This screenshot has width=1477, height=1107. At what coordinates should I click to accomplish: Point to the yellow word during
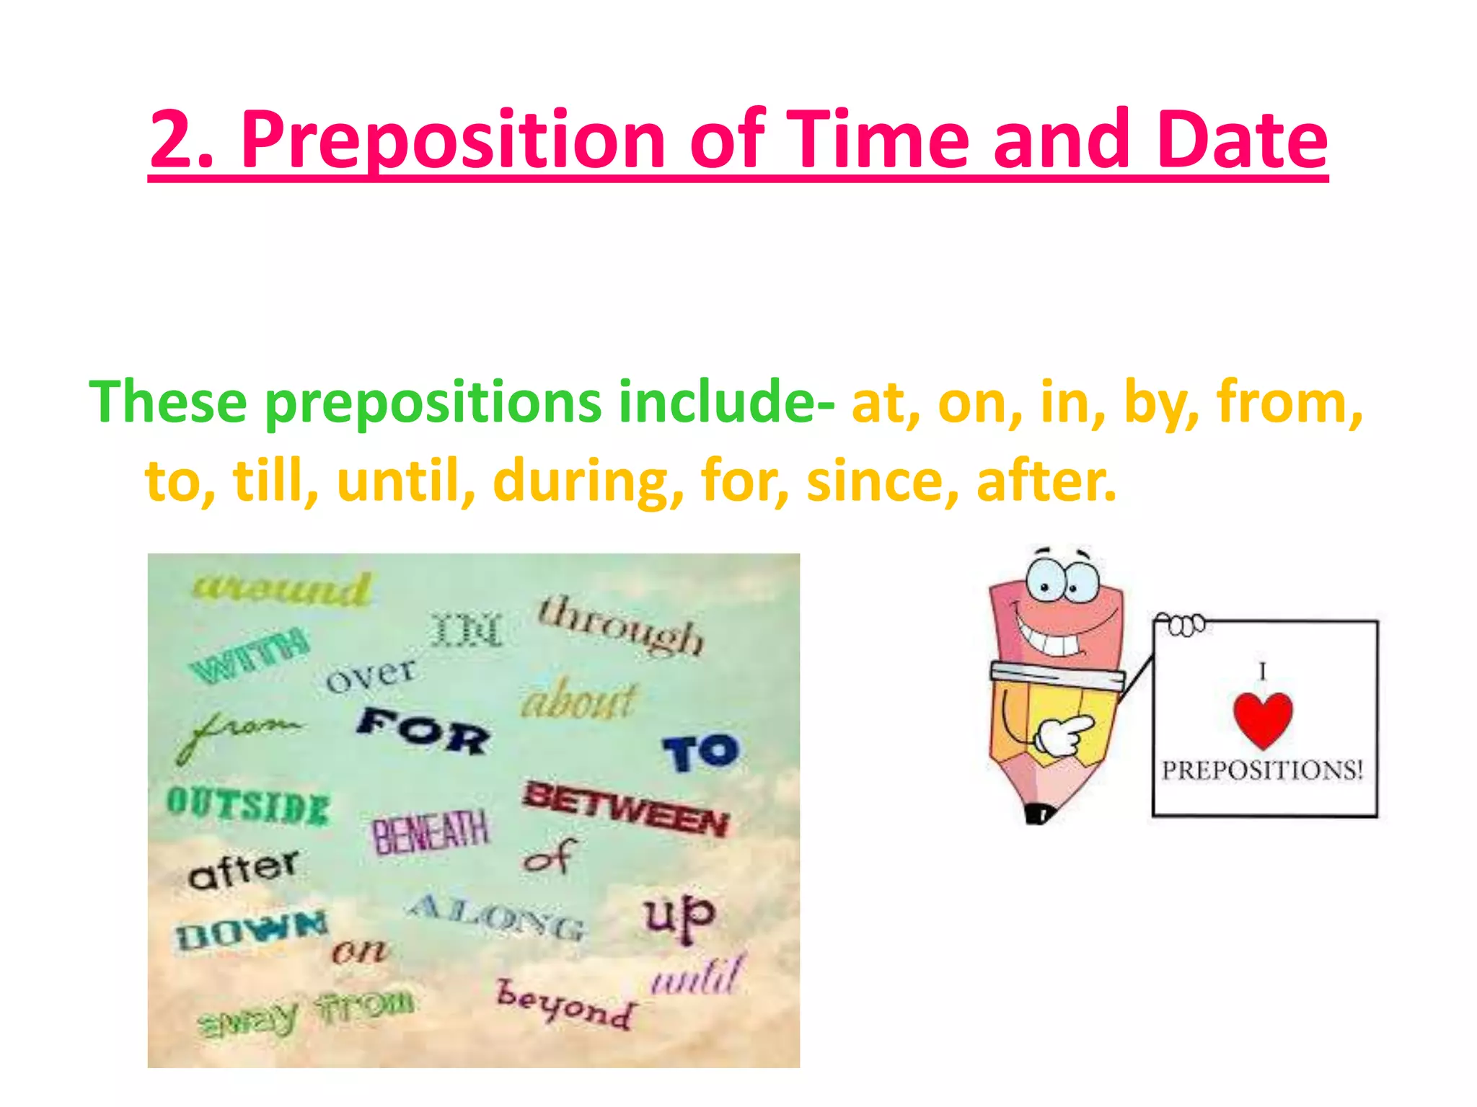[x=588, y=481]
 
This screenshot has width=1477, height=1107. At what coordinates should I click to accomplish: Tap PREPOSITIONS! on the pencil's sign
[x=1262, y=770]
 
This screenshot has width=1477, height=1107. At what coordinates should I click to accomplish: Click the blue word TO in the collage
[x=701, y=752]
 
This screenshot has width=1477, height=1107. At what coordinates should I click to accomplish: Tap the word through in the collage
[x=620, y=624]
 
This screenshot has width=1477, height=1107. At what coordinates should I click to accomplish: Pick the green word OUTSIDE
[x=248, y=806]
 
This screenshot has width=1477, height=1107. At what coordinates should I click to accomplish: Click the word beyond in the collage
[x=567, y=1005]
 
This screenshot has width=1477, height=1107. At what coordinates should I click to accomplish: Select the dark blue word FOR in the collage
[x=424, y=731]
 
